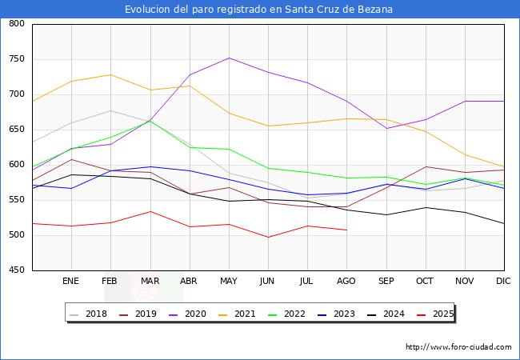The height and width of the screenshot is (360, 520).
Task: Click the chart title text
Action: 258,10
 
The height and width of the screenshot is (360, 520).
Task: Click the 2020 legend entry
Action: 197,314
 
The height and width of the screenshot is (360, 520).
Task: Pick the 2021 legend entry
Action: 244,314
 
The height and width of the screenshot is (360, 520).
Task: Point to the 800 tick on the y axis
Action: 16,24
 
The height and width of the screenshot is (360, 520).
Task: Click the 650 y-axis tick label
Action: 16,130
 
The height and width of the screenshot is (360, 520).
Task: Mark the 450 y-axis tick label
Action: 16,270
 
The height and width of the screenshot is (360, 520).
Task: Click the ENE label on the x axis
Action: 71,282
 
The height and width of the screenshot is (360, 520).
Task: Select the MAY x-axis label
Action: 229,282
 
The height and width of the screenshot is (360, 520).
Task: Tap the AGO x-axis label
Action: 346,282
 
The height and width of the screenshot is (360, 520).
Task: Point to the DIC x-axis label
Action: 503,282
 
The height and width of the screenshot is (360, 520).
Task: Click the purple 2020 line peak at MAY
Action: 229,58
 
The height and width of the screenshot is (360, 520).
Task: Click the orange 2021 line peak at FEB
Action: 110,74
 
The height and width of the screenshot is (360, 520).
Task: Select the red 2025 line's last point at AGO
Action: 346,230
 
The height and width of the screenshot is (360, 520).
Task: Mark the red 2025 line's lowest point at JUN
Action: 268,238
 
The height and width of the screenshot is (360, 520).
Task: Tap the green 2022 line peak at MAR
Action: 150,121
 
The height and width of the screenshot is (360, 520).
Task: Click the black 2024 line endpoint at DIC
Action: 504,224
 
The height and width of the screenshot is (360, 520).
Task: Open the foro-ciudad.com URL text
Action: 458,347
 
